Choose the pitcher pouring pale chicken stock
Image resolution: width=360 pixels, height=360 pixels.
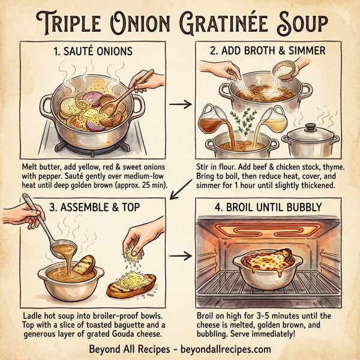click(268, 120)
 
